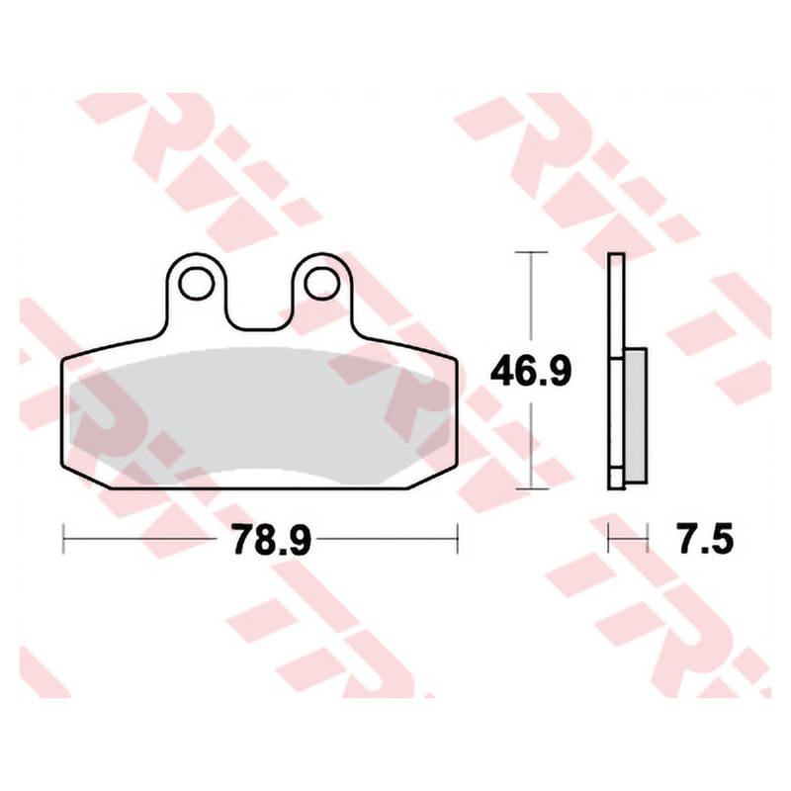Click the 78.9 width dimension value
pyautogui.click(x=271, y=539)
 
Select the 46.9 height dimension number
pyautogui.click(x=531, y=371)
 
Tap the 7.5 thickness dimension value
pyautogui.click(x=705, y=539)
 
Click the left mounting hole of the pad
pyautogui.click(x=197, y=284)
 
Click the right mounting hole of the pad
pyautogui.click(x=322, y=284)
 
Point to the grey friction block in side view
pyautogui.click(x=636, y=415)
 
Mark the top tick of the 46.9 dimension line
pyautogui.click(x=531, y=252)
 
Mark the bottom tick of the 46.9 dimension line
pyautogui.click(x=531, y=488)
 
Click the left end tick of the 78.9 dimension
pyautogui.click(x=63, y=539)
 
